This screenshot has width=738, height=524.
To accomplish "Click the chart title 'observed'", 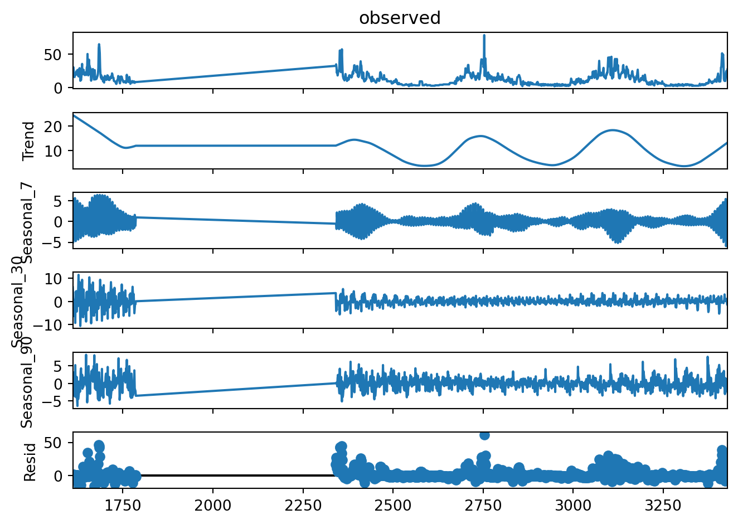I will point(400,18).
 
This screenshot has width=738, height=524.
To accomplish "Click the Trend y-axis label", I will point(29,141).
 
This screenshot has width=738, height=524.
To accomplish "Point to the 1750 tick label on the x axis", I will point(123,506).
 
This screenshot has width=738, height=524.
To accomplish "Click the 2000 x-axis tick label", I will point(213,506).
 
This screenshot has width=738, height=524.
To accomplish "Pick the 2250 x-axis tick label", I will point(303,506).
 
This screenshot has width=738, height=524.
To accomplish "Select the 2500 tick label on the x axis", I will point(393,506).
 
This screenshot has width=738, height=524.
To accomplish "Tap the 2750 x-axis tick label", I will point(483,506).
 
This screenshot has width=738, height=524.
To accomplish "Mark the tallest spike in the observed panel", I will point(484,36).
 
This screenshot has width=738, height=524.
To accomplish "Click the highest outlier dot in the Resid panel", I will point(484,435).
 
